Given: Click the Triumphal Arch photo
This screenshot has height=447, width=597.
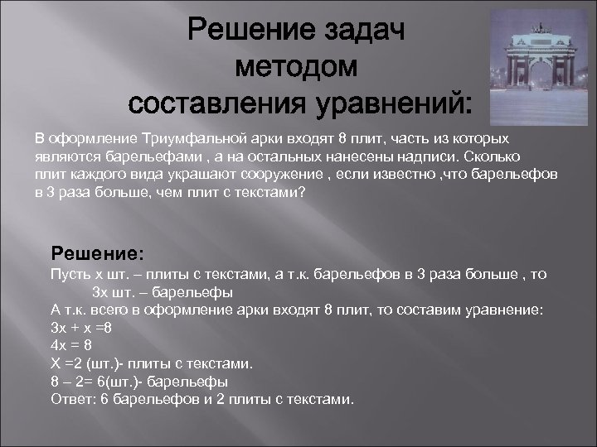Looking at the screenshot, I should (x=537, y=61).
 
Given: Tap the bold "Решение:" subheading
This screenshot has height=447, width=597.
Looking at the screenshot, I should (x=97, y=251).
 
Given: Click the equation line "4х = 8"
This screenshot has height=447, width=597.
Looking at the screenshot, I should (x=71, y=345).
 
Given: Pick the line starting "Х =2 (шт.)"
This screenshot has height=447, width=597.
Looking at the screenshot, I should (x=152, y=363).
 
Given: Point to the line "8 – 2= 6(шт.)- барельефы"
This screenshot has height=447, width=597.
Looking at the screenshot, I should (x=139, y=382).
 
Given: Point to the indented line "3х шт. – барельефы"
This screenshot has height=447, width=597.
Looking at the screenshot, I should (x=162, y=291).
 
